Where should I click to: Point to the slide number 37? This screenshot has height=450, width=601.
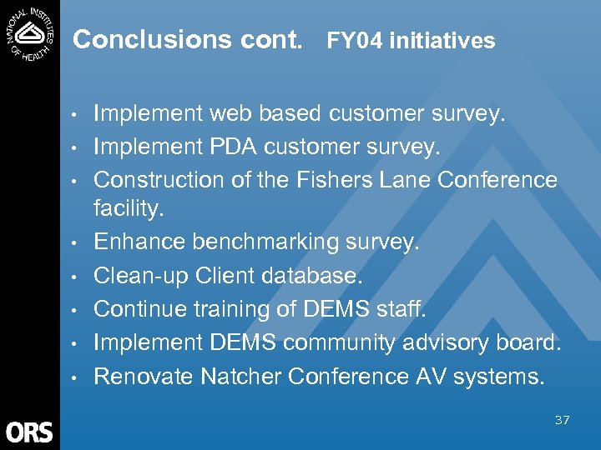(x=562, y=420)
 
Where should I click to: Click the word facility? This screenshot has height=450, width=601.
(x=128, y=209)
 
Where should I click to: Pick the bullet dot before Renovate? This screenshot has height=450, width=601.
(x=74, y=377)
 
